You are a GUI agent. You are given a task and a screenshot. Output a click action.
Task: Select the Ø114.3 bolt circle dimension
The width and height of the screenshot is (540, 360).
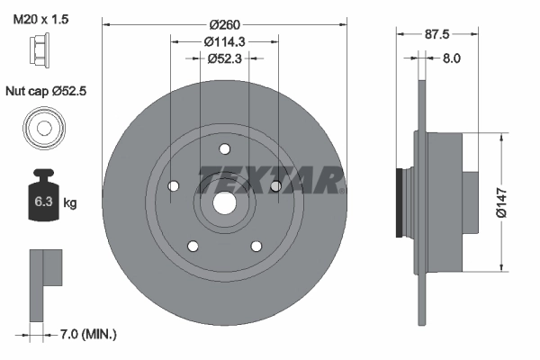224,41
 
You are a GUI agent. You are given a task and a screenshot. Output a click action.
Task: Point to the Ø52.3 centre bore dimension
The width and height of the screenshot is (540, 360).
224,59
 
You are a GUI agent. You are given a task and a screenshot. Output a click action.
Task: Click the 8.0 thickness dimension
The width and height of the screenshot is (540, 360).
451,58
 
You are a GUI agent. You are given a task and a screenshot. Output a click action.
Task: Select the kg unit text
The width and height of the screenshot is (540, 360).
69,203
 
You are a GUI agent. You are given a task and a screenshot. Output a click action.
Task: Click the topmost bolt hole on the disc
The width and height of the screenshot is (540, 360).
224,151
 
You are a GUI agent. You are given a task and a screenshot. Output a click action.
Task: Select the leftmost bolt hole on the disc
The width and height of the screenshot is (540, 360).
173,186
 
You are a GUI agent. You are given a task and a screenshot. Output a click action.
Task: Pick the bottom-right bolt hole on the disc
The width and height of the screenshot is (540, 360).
256,245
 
